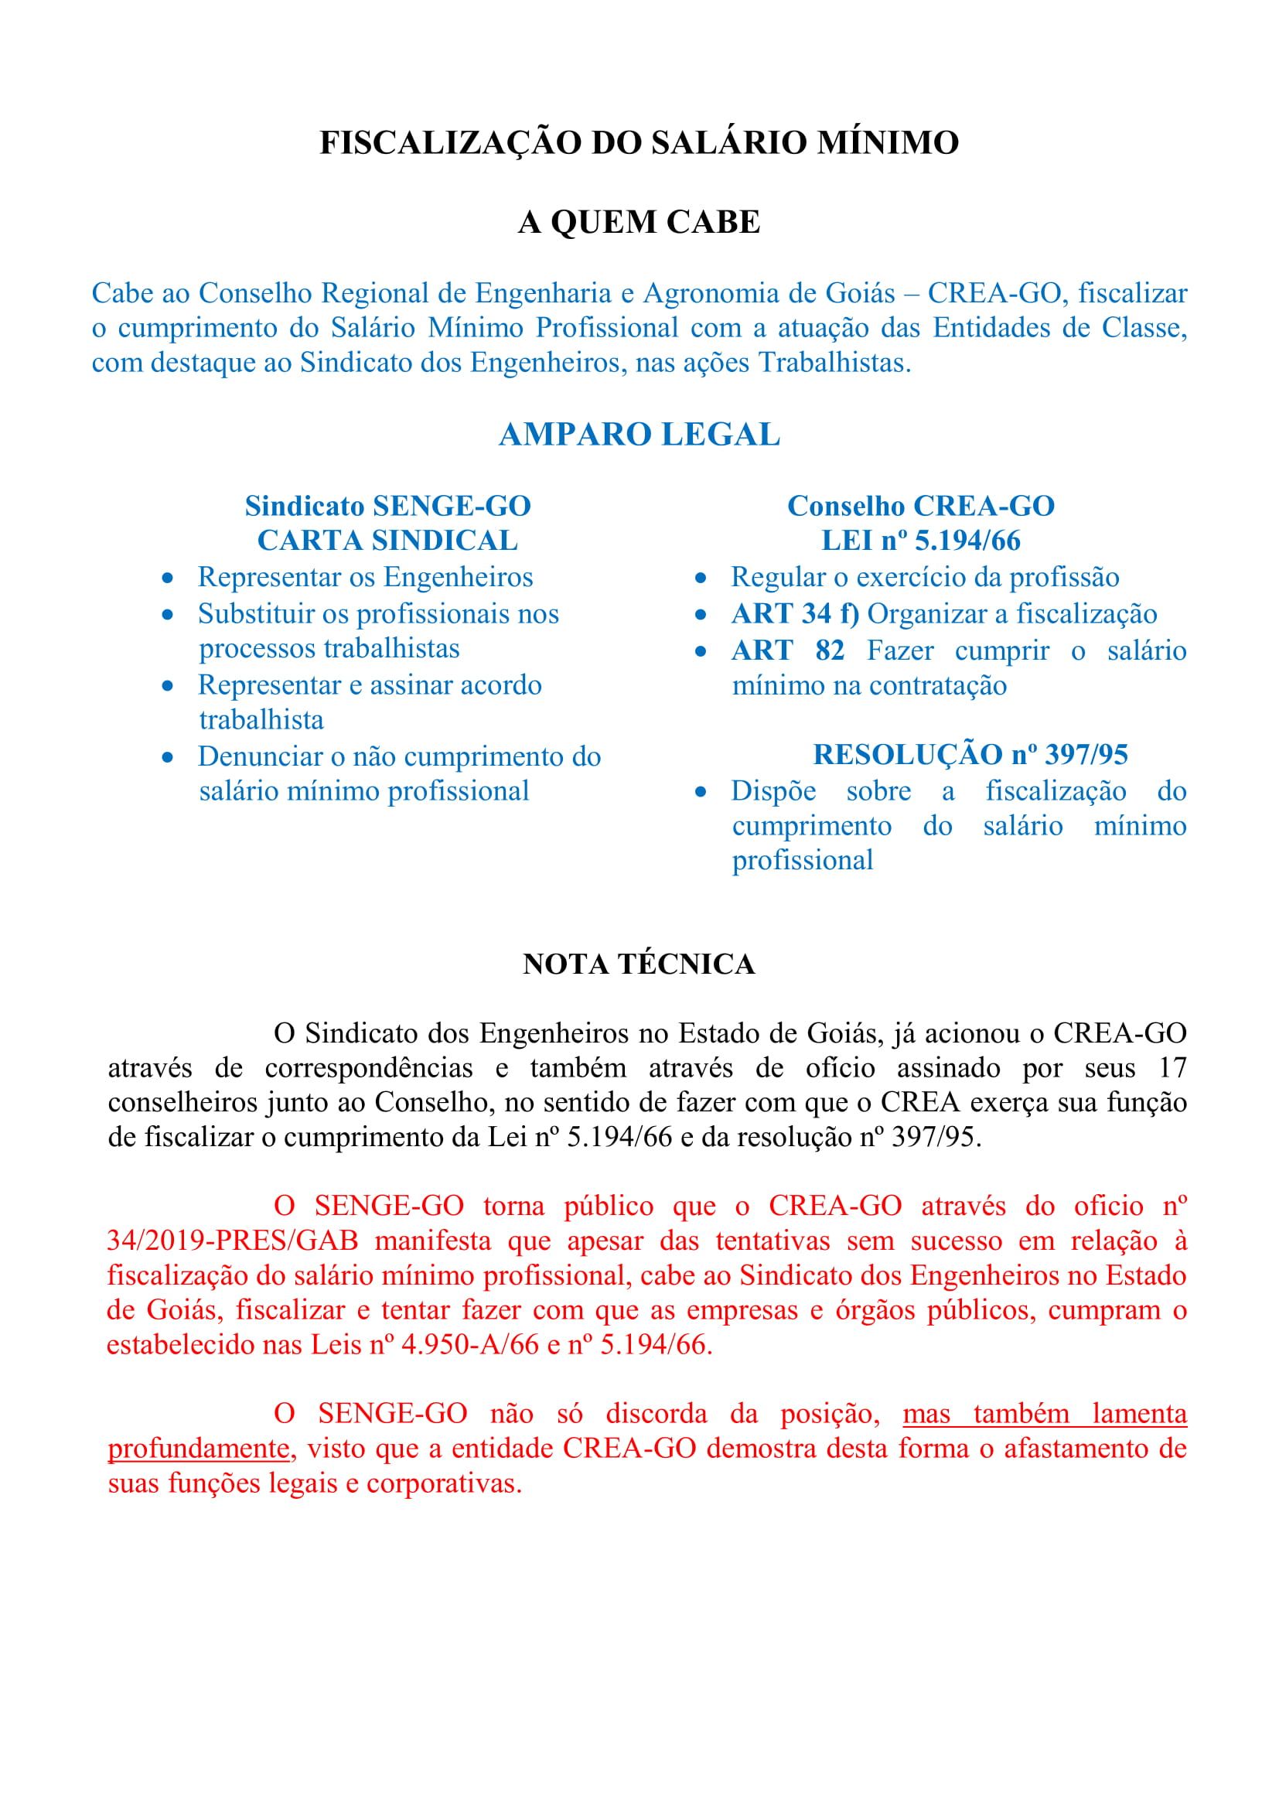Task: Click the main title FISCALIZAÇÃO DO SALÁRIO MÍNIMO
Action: click(x=639, y=142)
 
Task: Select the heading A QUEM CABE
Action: click(x=639, y=222)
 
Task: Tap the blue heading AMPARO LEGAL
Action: click(x=639, y=435)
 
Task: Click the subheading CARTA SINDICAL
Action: click(x=387, y=541)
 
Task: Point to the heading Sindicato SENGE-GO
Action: click(x=387, y=506)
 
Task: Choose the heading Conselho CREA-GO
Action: click(x=921, y=506)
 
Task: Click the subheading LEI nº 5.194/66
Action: click(x=921, y=541)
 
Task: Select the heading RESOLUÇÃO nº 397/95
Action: click(x=970, y=754)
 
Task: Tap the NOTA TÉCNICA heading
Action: click(x=639, y=964)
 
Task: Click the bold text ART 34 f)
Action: click(x=795, y=614)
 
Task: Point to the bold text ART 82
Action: click(x=787, y=650)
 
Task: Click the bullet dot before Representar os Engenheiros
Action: click(x=167, y=579)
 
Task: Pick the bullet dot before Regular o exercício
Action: click(x=700, y=579)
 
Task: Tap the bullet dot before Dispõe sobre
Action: click(x=700, y=793)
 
